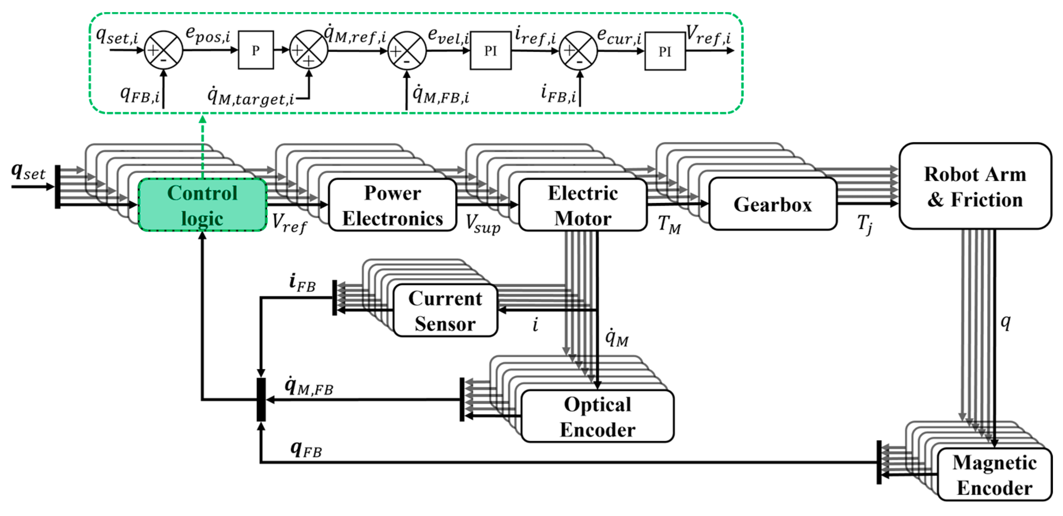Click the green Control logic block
coord(202,205)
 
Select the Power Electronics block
coord(393,205)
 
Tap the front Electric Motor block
coord(582,205)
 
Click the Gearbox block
coord(772,204)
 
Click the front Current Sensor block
coord(445,311)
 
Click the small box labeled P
coord(255,50)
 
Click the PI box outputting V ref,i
coord(665,51)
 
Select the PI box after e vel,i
coord(490,51)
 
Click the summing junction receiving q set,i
coord(163,50)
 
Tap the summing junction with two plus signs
coord(308,50)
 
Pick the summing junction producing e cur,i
coord(578,51)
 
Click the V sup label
coord(482,224)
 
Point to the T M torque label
coord(669,225)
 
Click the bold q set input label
coord(28,171)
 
